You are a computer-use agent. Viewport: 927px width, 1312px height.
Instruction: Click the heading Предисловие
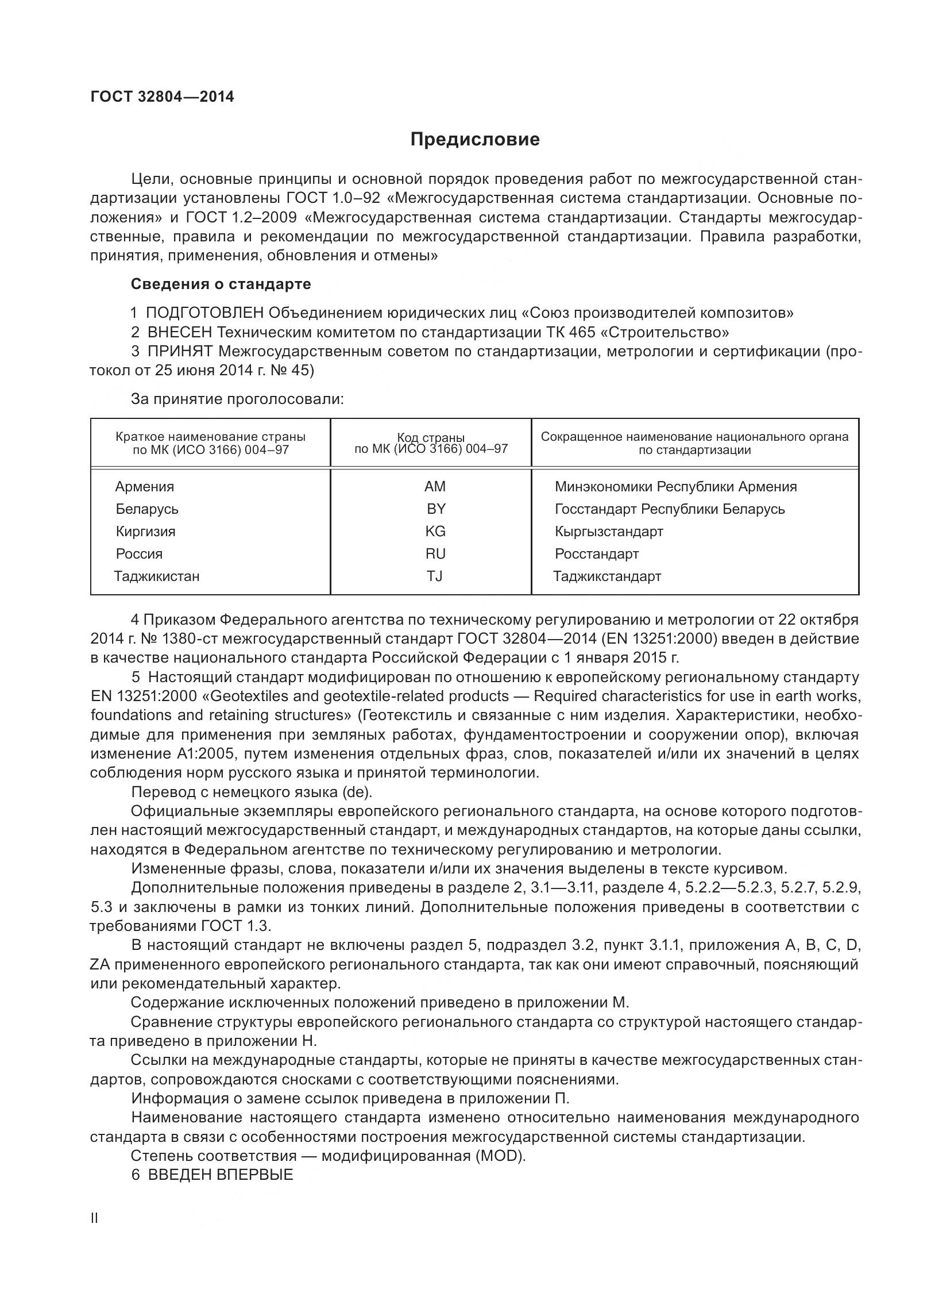(475, 140)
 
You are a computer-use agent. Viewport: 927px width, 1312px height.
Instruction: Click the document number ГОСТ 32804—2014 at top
(162, 97)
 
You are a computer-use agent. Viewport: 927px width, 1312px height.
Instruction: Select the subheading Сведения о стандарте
(221, 284)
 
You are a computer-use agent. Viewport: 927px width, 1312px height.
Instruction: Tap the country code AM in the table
(435, 487)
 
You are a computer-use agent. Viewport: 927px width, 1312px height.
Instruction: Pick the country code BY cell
(436, 509)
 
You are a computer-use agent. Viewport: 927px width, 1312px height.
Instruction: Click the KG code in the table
(435, 532)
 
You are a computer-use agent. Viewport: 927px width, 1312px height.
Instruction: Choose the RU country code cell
(435, 554)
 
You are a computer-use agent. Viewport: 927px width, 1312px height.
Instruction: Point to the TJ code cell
(435, 576)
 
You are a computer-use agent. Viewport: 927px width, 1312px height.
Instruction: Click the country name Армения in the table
(144, 487)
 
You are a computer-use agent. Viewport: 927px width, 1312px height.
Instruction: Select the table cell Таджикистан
(156, 576)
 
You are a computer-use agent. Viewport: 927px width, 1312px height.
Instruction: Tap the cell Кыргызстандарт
(608, 532)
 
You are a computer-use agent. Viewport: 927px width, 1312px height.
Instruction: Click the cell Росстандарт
(596, 554)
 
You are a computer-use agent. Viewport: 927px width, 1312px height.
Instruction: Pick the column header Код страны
(431, 438)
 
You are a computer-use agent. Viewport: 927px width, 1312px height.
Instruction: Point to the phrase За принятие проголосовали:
(237, 399)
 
